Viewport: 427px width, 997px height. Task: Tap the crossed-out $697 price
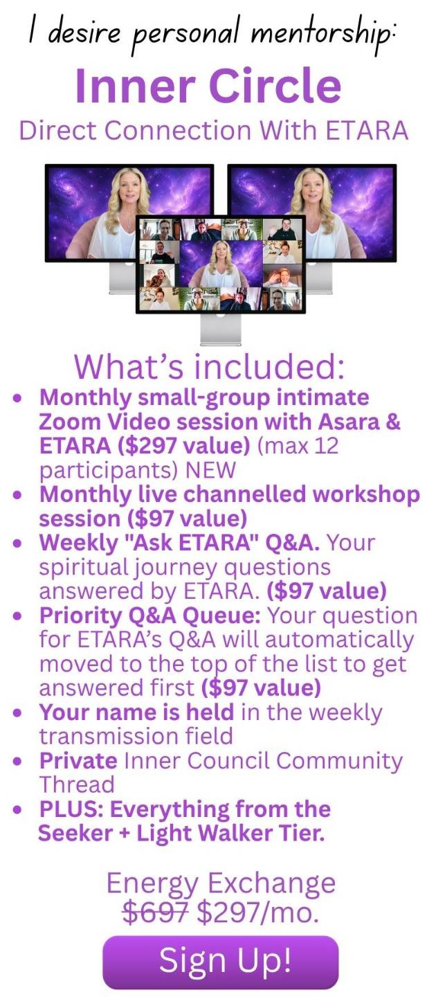pos(156,912)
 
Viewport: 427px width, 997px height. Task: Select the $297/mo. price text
pos(258,912)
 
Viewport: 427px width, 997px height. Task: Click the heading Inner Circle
pos(208,86)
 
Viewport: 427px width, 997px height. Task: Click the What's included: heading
pos(209,366)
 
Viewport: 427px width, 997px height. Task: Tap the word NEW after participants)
pos(210,470)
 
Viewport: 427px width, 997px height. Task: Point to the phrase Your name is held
pos(136,712)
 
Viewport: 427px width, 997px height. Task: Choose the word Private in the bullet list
pos(78,761)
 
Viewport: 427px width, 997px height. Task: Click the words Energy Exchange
pos(221,883)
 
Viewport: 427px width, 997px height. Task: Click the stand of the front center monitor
pos(221,330)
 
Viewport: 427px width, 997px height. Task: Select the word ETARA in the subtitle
pos(367,131)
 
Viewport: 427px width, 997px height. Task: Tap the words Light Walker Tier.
pos(230,833)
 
